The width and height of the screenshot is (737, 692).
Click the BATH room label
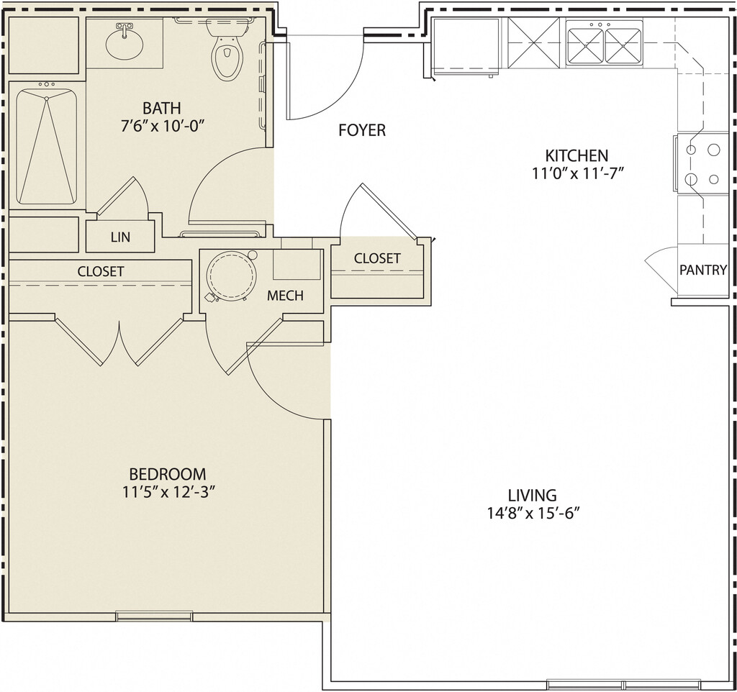point(161,108)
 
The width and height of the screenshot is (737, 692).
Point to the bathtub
point(47,146)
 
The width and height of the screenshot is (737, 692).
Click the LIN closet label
point(120,237)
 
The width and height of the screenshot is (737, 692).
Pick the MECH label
point(285,296)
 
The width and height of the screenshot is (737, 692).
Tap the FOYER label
point(362,130)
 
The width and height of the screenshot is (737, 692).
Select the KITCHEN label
point(577,155)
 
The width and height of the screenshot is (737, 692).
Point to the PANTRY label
point(703,270)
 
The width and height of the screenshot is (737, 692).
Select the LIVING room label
point(532,495)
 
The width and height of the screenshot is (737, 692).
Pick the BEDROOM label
point(168,473)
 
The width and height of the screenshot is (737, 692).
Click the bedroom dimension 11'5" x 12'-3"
point(168,492)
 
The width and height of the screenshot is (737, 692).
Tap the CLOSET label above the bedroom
point(101,271)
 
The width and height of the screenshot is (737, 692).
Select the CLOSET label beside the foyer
point(377,258)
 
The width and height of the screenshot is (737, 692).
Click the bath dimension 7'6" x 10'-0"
point(162,127)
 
